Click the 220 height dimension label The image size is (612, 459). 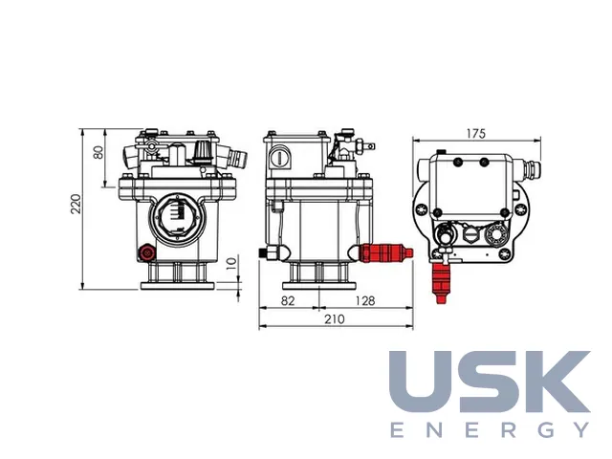click(76, 204)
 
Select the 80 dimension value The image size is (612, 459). click(98, 152)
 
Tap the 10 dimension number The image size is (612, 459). click(231, 263)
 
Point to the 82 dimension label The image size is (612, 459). click(288, 301)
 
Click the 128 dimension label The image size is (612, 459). click(365, 301)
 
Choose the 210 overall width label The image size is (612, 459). click(335, 319)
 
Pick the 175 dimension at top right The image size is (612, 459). click(476, 134)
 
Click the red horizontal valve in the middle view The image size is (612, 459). click(385, 252)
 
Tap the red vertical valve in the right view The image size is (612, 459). click(442, 283)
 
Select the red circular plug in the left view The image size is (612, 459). click(147, 253)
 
